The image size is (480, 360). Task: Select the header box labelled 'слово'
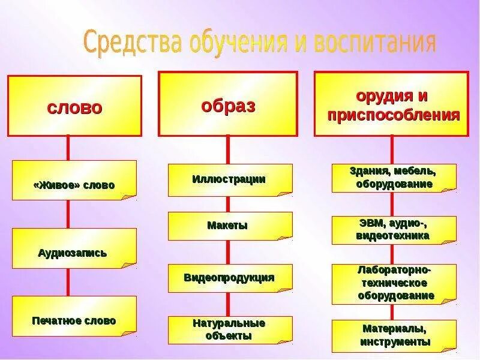click(x=74, y=106)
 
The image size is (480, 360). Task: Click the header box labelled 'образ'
click(x=227, y=104)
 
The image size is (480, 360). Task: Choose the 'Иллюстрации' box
click(x=230, y=179)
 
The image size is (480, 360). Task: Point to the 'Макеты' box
click(x=230, y=226)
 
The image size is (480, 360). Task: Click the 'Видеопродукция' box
click(x=230, y=278)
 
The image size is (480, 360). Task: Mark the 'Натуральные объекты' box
click(x=230, y=329)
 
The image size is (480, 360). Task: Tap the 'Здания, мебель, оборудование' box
click(x=394, y=178)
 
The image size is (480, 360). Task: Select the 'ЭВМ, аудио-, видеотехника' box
click(x=394, y=230)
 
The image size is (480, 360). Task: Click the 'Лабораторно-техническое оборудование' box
click(x=394, y=283)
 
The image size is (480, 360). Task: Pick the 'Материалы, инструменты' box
click(x=394, y=336)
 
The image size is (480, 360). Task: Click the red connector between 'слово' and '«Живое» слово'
click(x=68, y=148)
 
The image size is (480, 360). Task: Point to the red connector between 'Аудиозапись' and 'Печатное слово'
click(x=68, y=282)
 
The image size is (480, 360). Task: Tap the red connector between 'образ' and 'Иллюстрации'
click(x=227, y=149)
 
